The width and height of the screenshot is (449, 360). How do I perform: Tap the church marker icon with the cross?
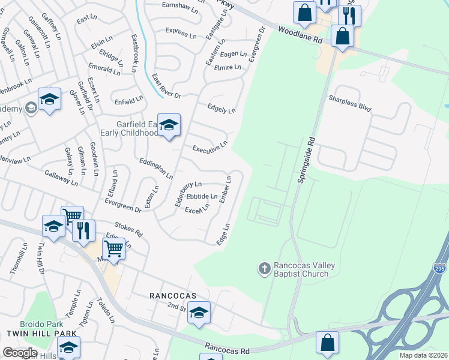265,268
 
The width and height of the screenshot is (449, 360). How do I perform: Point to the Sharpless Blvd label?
349,103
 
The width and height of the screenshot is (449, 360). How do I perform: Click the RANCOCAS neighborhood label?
174,296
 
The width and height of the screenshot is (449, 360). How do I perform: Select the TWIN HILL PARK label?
38,333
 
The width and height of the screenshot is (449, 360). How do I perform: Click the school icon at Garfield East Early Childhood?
169,125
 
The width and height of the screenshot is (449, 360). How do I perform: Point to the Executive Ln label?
209,146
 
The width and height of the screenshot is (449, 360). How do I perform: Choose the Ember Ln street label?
225,189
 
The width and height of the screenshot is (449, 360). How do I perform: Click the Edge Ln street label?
223,233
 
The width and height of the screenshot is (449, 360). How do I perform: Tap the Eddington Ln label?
156,169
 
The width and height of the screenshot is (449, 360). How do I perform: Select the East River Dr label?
166,87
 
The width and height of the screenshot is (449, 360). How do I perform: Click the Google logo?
19,353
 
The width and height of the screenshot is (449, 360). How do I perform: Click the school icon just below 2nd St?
199,312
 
